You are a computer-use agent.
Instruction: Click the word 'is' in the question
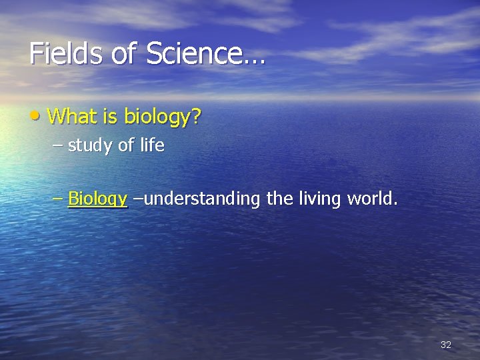point(110,117)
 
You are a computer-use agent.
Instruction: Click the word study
point(90,146)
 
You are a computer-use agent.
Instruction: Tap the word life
point(152,145)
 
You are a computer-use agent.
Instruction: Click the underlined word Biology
point(97,199)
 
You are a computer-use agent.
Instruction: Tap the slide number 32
point(446,345)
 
